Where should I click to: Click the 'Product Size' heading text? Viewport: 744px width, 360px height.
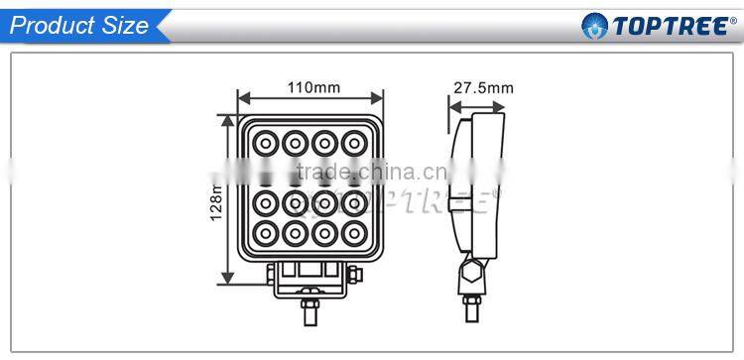[78, 26]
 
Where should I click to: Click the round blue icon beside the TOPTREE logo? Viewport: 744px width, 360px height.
[594, 26]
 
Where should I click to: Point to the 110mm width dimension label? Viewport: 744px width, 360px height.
[312, 87]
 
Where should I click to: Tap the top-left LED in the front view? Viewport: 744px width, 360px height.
[265, 144]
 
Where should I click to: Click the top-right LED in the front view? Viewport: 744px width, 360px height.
[352, 144]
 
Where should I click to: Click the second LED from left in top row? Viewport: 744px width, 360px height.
[294, 144]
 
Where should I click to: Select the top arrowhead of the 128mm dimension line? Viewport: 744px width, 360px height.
[230, 124]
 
